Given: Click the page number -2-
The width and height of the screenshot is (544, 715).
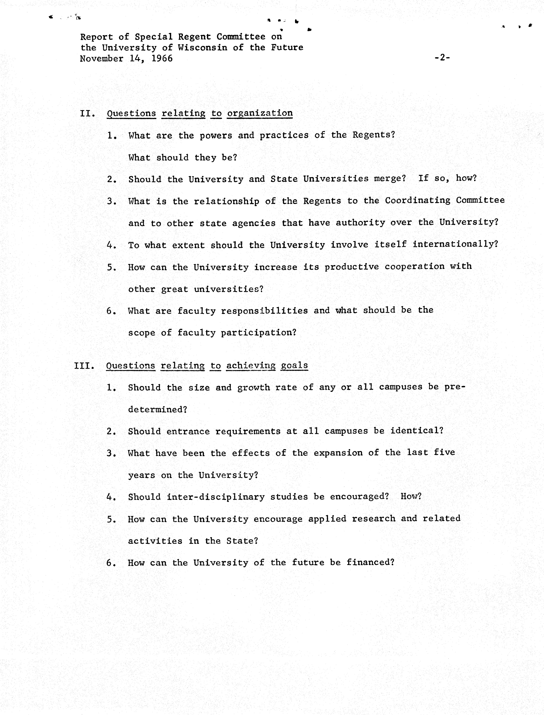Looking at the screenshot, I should tap(442, 58).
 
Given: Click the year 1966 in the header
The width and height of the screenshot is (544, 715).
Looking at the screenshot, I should tap(162, 59).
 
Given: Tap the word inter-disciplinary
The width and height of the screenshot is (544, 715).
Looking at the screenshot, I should tap(216, 497).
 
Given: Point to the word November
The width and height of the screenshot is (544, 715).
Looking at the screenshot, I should tap(102, 59).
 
